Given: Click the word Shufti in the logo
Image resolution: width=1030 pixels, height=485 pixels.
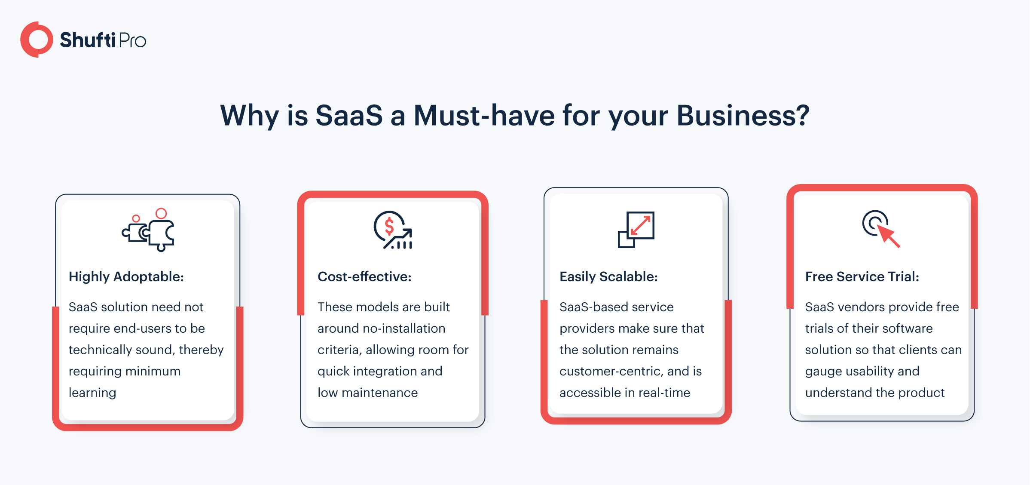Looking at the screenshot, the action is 88,40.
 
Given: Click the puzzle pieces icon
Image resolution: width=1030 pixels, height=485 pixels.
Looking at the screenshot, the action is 148,230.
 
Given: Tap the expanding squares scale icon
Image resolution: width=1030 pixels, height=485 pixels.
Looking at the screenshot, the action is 636,230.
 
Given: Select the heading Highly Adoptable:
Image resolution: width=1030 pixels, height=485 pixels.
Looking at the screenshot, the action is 126,277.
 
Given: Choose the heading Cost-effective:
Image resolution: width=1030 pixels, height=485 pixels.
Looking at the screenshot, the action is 364,276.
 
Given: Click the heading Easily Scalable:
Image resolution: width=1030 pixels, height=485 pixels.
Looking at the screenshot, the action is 608,277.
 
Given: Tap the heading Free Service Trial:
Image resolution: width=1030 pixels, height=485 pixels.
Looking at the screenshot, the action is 862,276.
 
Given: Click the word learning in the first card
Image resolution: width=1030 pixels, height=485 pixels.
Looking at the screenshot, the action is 92,393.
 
